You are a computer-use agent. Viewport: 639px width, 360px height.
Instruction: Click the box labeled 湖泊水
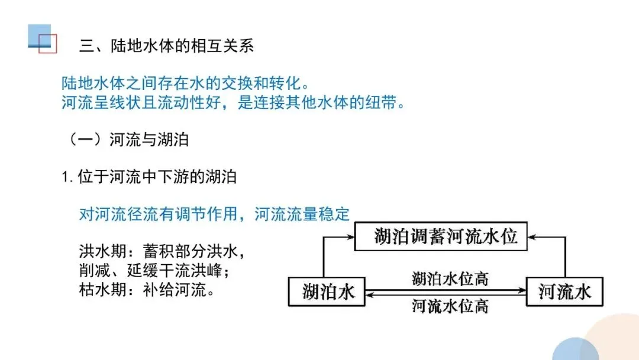point(327,291)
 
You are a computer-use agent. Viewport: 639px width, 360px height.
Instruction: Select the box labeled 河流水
point(564,291)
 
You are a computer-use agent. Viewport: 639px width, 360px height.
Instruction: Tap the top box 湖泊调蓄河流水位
point(441,237)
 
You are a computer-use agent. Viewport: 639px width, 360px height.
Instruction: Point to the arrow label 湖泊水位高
point(450,278)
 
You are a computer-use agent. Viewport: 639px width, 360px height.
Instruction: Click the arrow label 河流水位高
point(450,306)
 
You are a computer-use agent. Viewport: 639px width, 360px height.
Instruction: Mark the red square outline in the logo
point(47,44)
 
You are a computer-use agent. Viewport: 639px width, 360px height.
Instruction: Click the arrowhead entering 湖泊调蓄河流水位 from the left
point(349,237)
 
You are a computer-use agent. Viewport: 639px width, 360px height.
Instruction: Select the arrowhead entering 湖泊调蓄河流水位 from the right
point(532,237)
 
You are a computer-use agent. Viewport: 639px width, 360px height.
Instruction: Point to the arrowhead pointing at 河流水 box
point(522,289)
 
